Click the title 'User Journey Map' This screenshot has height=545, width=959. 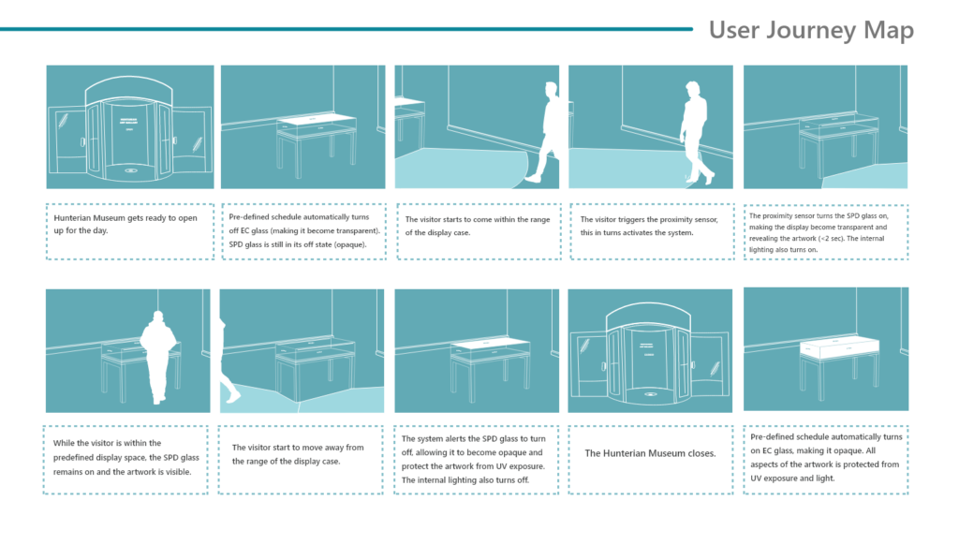[811, 31]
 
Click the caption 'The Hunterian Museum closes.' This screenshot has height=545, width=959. [650, 453]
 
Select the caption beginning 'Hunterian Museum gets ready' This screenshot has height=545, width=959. [125, 224]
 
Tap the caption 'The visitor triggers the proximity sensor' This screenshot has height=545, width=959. [649, 226]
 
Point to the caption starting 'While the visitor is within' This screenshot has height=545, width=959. [126, 458]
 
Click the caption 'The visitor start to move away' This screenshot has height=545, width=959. [298, 454]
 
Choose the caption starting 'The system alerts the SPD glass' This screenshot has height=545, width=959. [473, 460]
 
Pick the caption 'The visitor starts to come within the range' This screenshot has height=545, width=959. [477, 226]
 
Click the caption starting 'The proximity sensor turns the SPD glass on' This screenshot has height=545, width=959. [819, 232]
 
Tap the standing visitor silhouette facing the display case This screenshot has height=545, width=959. [157, 357]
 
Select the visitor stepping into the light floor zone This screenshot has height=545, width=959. [543, 132]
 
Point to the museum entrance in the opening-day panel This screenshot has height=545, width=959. [129, 128]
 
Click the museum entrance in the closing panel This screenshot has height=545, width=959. [650, 355]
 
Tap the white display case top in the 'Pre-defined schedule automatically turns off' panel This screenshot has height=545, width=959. [317, 119]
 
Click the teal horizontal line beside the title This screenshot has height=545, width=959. [347, 29]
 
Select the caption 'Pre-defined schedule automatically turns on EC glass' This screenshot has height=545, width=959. [826, 458]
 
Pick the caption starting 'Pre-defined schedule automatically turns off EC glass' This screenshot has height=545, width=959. [304, 230]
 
